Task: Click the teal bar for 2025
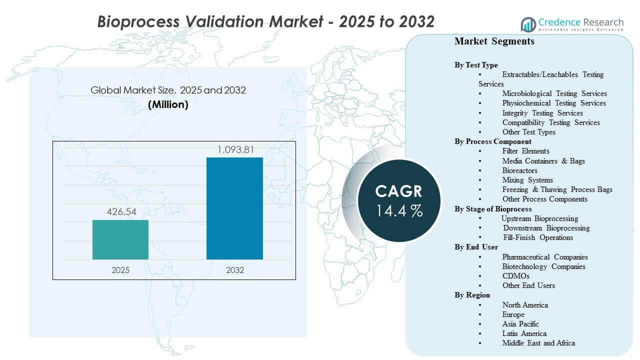[120, 239]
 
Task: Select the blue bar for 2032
[234, 208]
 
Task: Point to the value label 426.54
[120, 212]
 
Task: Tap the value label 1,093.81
[234, 149]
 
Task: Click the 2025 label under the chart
[120, 270]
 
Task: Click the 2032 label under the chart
[234, 270]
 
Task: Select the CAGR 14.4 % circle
[399, 200]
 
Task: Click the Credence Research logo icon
[528, 24]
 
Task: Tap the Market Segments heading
[494, 41]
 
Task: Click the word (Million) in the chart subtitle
[168, 105]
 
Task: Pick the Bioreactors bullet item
[519, 170]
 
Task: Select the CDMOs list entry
[515, 276]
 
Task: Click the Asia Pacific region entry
[520, 324]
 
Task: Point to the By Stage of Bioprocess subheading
[493, 209]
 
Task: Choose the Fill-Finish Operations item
[537, 237]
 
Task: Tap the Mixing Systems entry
[527, 180]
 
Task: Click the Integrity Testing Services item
[542, 113]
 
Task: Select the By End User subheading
[476, 247]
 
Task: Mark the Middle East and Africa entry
[538, 343]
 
